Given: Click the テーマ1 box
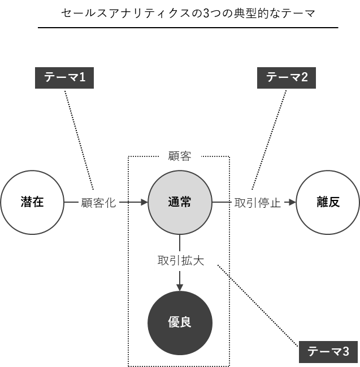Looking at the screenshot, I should pyautogui.click(x=64, y=78).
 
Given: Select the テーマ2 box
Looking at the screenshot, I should pyautogui.click(x=287, y=78).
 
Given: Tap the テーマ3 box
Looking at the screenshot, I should pyautogui.click(x=328, y=352).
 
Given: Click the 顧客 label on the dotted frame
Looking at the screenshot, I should pyautogui.click(x=180, y=157).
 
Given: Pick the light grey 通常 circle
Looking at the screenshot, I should pyautogui.click(x=180, y=202).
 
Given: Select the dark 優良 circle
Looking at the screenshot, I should pyautogui.click(x=180, y=323).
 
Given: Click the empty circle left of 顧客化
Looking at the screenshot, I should pyautogui.click(x=32, y=202).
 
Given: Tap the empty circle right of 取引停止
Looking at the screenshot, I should pyautogui.click(x=328, y=202).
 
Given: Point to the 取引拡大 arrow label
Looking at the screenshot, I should pyautogui.click(x=180, y=261).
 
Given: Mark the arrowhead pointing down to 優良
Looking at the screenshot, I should pyautogui.click(x=180, y=287).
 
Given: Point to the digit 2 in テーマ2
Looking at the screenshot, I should pyautogui.click(x=305, y=78).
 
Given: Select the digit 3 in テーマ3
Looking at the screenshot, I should pyautogui.click(x=346, y=352).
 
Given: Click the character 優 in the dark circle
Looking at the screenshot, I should pyautogui.click(x=174, y=323).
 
